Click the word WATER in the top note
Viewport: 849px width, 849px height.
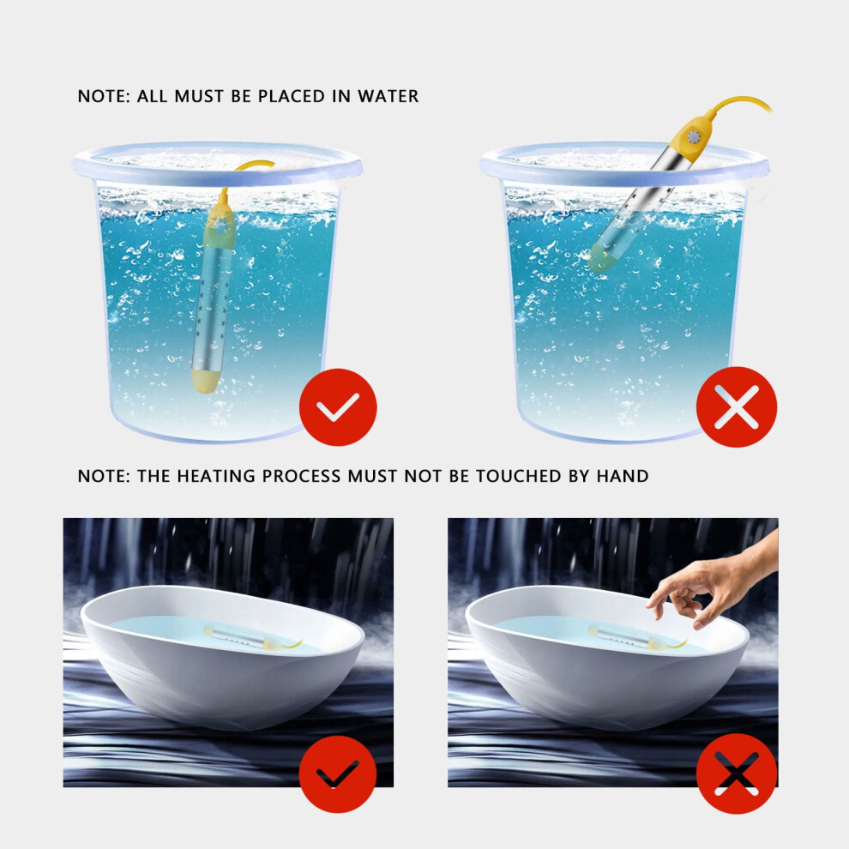[x=388, y=96]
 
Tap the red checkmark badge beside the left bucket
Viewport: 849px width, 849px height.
[x=338, y=407]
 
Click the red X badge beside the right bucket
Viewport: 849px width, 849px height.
[x=737, y=407]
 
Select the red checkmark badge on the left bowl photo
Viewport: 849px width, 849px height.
[x=338, y=774]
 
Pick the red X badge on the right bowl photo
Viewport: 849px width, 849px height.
[x=737, y=774]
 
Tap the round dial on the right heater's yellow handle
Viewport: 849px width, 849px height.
[x=694, y=137]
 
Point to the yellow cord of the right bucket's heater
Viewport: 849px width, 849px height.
[x=739, y=103]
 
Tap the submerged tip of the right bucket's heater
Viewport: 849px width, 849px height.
[x=602, y=258]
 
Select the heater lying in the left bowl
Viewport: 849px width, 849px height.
[x=251, y=637]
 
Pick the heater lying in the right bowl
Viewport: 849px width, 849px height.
[x=636, y=637]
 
